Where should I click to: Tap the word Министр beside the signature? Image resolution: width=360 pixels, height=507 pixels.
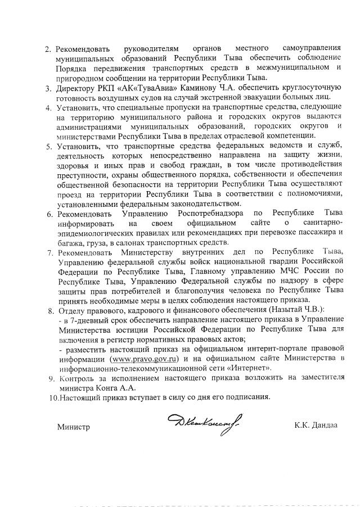tap(74, 427)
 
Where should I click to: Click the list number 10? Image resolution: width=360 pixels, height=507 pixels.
tap(51, 397)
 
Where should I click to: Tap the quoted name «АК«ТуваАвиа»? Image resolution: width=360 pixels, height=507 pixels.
tap(118, 88)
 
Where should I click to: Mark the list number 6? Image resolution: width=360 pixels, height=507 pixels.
tap(49, 214)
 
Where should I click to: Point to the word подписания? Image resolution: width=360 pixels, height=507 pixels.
tap(248, 397)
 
